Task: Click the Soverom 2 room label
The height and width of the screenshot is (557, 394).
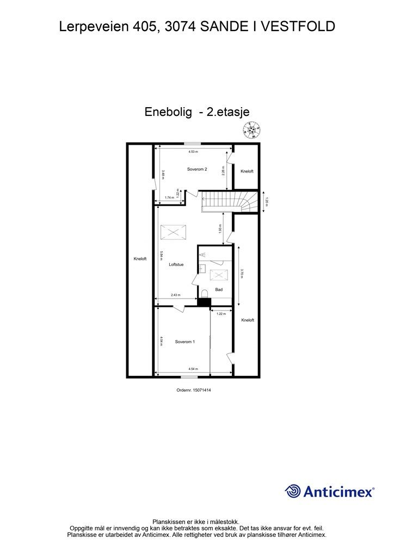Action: coord(197,169)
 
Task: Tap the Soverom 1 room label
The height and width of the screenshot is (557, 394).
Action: coord(185,342)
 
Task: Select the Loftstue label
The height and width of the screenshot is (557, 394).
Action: coord(176,265)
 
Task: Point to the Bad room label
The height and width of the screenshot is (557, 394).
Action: coord(219,289)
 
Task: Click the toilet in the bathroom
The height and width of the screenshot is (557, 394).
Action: coord(205,294)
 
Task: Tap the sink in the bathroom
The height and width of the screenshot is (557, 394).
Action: coord(201,268)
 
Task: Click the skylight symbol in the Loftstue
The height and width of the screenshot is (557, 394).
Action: coord(173,233)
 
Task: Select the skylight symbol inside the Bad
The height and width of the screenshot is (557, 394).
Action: coord(219,275)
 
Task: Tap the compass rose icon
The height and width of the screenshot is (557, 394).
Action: coord(251,129)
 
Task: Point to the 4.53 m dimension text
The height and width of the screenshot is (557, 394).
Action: coord(193,152)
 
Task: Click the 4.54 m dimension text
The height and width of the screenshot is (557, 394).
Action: coord(193,368)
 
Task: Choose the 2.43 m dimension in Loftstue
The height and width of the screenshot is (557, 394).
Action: coord(176,295)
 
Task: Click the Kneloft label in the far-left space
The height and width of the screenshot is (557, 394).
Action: coord(140,259)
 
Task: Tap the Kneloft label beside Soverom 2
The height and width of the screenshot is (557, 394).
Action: coord(247,171)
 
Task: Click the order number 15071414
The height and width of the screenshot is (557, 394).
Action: coord(194,389)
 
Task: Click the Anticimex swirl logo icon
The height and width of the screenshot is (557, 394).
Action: coord(293,491)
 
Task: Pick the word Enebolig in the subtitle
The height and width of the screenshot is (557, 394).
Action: coord(168,112)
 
